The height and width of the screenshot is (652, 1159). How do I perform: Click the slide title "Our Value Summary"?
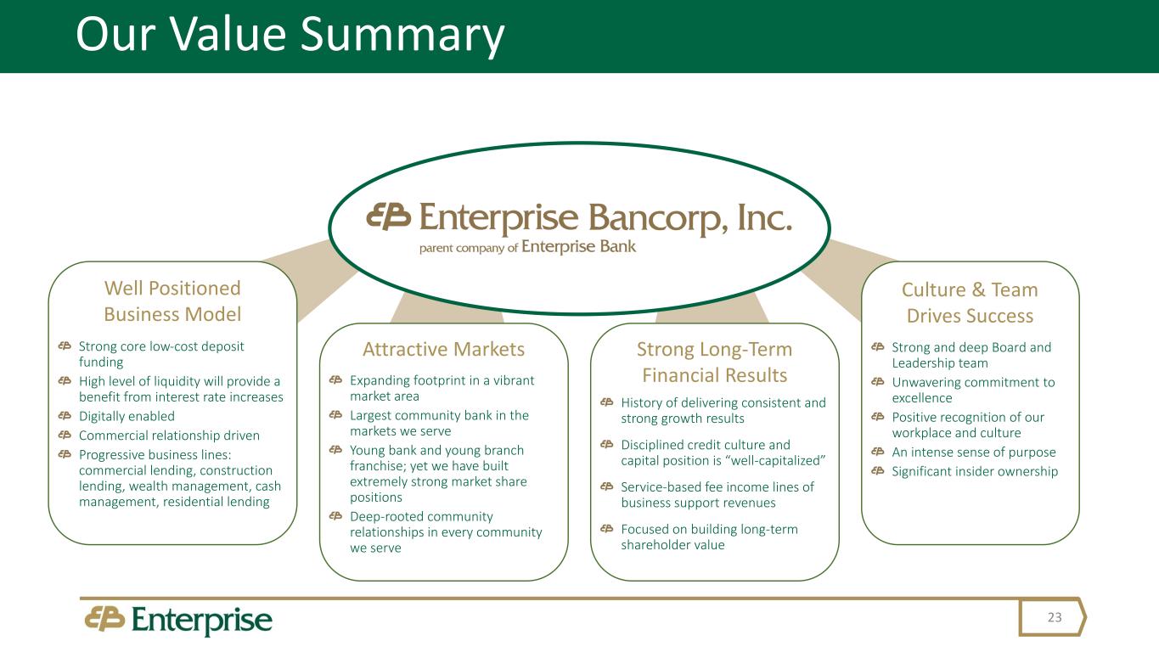(x=290, y=37)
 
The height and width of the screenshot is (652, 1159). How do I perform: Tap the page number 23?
(x=1055, y=617)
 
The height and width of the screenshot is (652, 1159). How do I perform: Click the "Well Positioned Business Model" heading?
(x=172, y=301)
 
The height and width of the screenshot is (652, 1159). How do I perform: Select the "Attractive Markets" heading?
(x=443, y=349)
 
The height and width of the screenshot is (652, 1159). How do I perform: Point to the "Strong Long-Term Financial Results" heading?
(x=714, y=362)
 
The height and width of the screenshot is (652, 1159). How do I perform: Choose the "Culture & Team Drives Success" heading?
(x=970, y=302)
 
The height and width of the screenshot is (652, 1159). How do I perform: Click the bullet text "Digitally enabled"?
(x=127, y=416)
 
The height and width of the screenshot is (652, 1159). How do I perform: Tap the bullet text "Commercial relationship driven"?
(x=169, y=435)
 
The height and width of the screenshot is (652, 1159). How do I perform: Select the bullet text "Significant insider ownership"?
(x=975, y=471)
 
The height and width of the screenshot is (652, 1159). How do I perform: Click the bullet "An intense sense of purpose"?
(x=973, y=452)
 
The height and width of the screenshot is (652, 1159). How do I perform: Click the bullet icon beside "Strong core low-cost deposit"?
(x=64, y=346)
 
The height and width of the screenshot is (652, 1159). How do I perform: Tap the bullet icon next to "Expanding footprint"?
(x=335, y=380)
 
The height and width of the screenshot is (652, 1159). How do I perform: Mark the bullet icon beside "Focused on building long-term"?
(x=605, y=529)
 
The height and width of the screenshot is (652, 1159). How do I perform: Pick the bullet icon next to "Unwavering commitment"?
(x=877, y=382)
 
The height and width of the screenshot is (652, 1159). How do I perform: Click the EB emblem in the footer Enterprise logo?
(x=104, y=619)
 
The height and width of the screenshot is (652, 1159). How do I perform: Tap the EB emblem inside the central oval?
(x=388, y=216)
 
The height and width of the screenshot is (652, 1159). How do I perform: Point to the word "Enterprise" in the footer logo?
(x=202, y=621)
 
